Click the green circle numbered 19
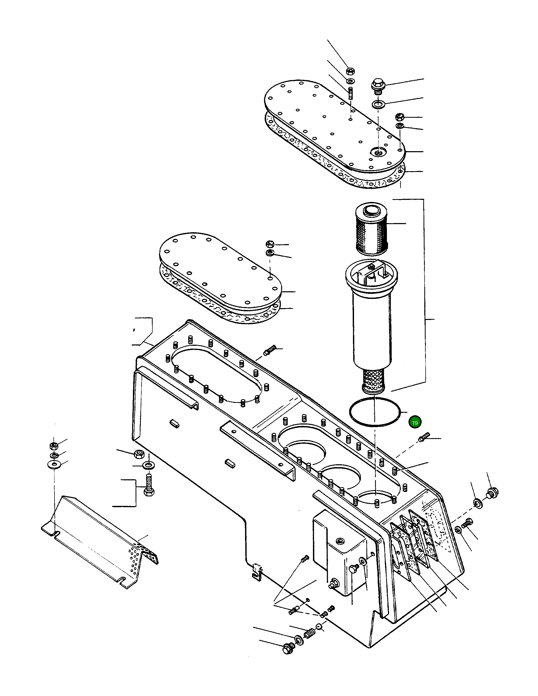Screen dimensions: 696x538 click(415, 423)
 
